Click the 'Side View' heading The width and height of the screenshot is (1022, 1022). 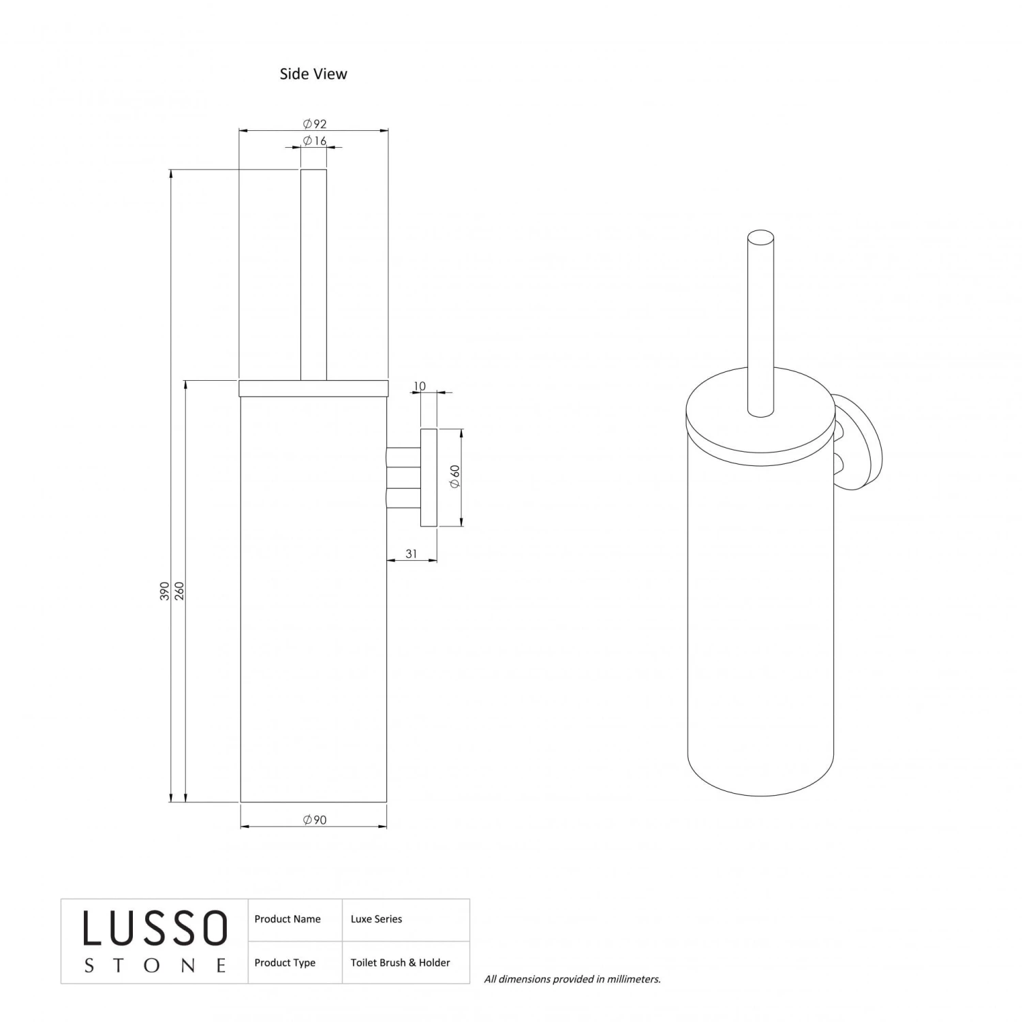[313, 74]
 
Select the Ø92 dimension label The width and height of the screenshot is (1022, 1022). [315, 123]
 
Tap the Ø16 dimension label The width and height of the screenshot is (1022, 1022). [315, 141]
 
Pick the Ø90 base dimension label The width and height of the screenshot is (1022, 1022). [315, 820]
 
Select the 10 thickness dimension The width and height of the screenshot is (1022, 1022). [420, 386]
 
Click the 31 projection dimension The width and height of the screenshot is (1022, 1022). [412, 554]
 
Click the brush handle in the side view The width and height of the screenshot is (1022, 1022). [313, 273]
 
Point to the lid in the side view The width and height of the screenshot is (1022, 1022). [313, 388]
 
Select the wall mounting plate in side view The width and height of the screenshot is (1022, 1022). [429, 478]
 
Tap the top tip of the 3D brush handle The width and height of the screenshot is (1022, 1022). [760, 238]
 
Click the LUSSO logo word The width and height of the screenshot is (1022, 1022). [155, 929]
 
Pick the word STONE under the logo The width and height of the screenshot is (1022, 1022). [155, 965]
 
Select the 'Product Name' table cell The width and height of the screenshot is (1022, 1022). [288, 919]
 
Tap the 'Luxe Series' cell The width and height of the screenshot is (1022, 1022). [376, 919]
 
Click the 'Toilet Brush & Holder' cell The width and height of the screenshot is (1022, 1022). [400, 963]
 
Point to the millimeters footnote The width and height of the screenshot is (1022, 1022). [572, 979]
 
